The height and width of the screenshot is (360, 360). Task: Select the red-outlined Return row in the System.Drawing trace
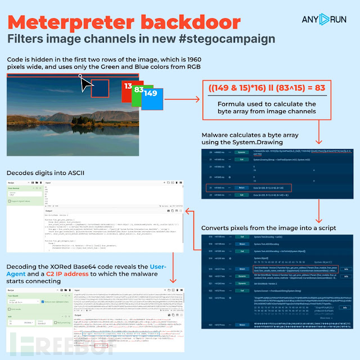coord(264,187)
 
